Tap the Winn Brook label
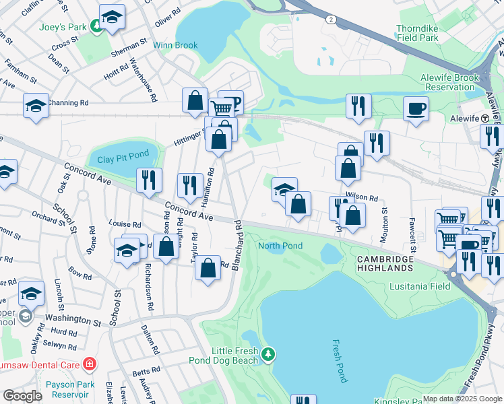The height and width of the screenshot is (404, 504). click(x=175, y=46)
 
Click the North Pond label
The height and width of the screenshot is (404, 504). click(x=280, y=246)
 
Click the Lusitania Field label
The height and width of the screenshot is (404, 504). click(x=420, y=286)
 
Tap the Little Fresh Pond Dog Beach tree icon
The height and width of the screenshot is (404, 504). click(x=269, y=353)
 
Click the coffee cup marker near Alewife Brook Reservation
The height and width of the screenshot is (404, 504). click(x=416, y=108)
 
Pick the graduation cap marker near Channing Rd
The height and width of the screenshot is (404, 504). click(x=36, y=105)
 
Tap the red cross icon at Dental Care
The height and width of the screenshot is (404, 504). click(x=89, y=365)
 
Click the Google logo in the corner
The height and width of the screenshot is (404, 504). click(x=23, y=396)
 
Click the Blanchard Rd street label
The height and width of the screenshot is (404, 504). click(x=237, y=246)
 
